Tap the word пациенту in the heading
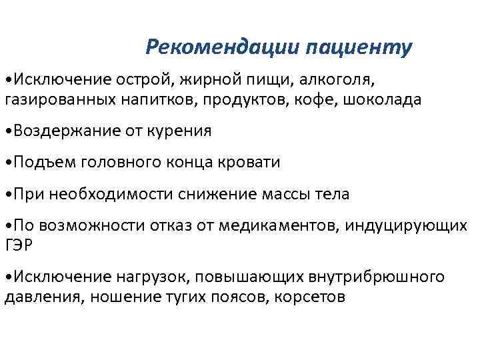[x=360, y=48]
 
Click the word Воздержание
[x=63, y=131]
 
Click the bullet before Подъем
[x=7, y=163]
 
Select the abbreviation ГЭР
[x=18, y=244]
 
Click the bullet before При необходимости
[x=7, y=195]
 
